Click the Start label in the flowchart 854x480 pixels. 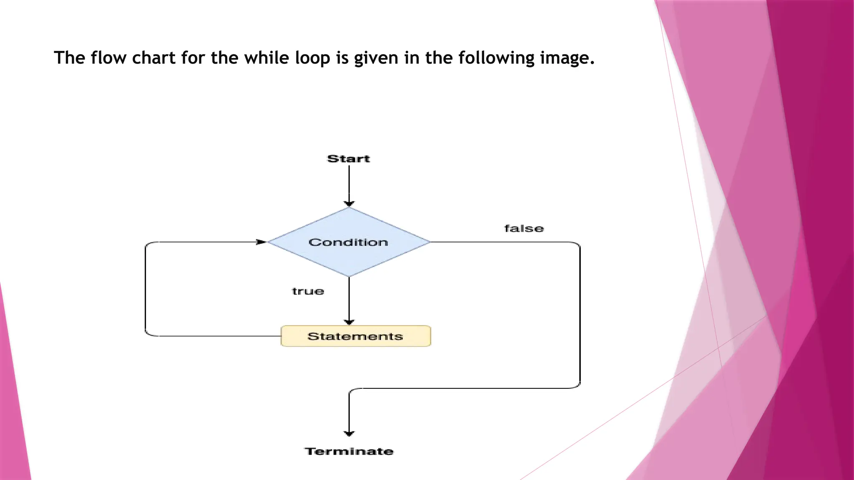(x=349, y=159)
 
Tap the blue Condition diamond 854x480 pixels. (x=349, y=242)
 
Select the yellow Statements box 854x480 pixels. (x=356, y=336)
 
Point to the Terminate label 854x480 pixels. (x=349, y=451)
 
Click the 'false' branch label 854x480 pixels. (x=524, y=228)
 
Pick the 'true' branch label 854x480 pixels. (x=308, y=291)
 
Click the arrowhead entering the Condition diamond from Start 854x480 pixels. (x=349, y=204)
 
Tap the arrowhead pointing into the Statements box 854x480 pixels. (x=349, y=322)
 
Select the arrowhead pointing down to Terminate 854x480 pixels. (x=349, y=433)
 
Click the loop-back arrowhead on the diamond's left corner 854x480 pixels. (x=261, y=242)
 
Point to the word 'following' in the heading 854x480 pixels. (x=496, y=57)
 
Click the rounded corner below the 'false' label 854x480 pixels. (x=578, y=245)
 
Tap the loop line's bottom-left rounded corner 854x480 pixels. (x=148, y=333)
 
